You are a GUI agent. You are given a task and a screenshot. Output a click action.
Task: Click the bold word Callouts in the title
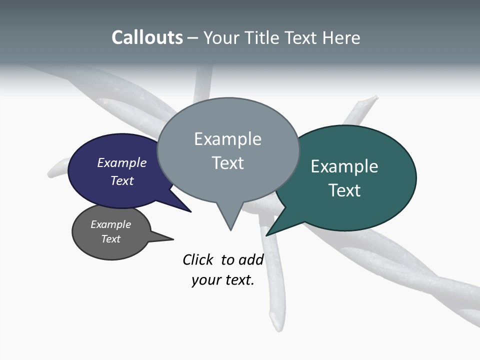147,37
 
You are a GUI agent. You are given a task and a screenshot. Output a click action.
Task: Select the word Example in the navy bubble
122,162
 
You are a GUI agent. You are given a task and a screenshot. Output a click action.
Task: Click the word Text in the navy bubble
122,180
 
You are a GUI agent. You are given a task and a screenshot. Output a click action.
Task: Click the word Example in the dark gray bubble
111,224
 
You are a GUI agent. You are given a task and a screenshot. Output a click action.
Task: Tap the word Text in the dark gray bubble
111,239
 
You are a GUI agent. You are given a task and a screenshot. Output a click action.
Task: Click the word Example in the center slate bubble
227,139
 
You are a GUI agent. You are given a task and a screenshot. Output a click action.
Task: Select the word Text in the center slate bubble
227,163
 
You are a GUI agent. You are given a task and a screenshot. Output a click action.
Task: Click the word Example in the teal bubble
344,166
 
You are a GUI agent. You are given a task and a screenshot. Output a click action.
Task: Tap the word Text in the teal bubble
344,190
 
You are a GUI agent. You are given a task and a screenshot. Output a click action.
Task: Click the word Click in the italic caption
198,260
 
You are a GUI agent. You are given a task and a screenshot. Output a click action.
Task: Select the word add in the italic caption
250,260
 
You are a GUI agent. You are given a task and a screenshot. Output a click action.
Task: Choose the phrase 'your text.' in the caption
223,280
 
